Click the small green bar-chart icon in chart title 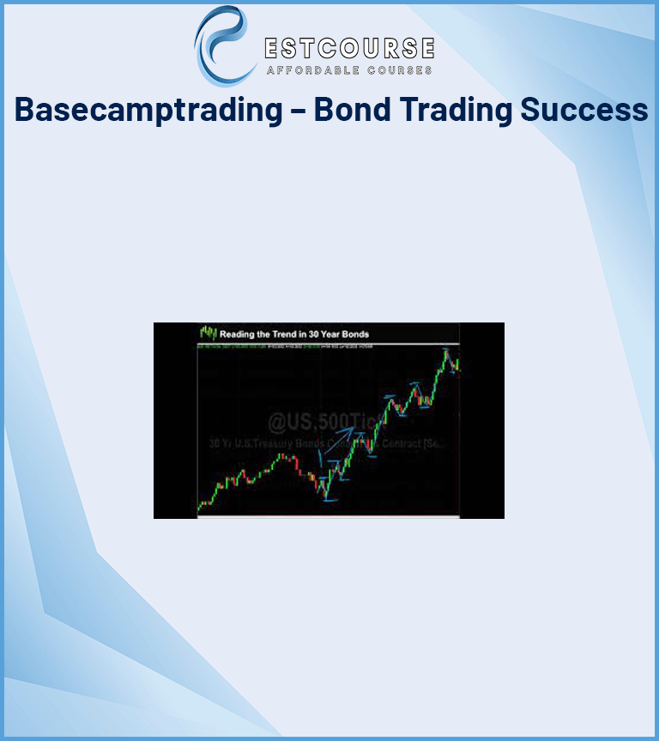tap(207, 333)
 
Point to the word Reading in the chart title tap(239, 334)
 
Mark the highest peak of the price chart tap(446, 349)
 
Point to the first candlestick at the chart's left tap(200, 507)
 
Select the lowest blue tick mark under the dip tap(329, 500)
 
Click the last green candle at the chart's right tap(458, 364)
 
